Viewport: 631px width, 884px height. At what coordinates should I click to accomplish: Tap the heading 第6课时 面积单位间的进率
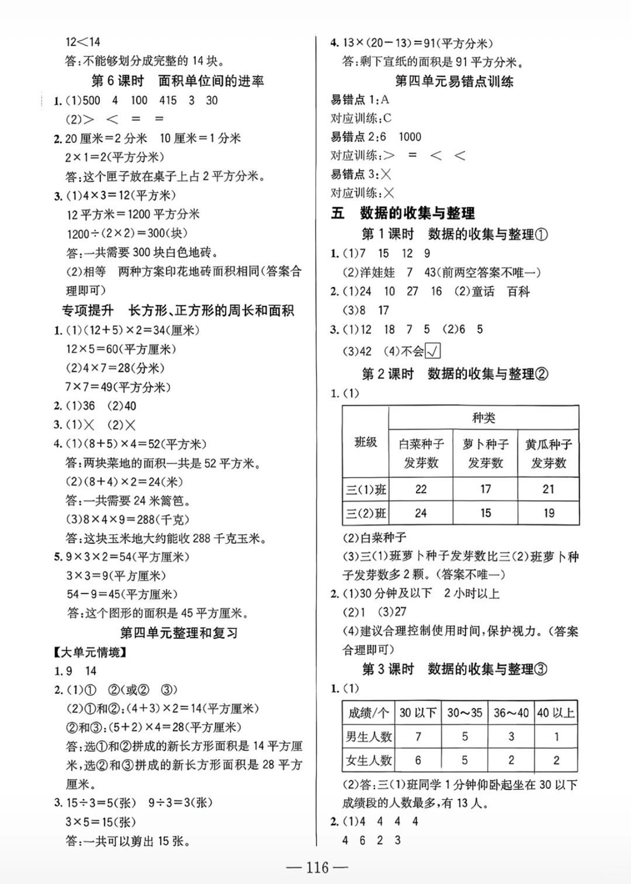click(x=178, y=81)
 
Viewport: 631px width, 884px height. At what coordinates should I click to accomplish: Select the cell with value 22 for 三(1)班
click(x=421, y=489)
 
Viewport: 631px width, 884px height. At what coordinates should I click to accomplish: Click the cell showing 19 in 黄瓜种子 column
click(x=548, y=513)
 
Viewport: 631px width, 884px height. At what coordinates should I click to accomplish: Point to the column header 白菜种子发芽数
click(x=421, y=453)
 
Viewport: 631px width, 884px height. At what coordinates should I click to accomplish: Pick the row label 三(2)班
click(x=366, y=513)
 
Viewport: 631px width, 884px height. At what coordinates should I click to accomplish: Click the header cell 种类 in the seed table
click(x=483, y=418)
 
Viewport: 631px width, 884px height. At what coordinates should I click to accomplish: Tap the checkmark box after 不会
click(x=433, y=351)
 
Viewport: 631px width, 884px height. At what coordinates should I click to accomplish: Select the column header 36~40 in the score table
click(x=511, y=713)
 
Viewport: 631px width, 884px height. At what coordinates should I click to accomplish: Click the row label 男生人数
click(x=369, y=737)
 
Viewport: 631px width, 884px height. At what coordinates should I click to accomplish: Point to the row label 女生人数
click(x=369, y=760)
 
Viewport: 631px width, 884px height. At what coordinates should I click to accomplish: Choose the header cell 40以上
click(x=556, y=713)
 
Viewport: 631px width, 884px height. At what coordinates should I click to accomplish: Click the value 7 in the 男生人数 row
click(x=418, y=737)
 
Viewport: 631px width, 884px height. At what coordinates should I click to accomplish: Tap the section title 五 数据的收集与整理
click(x=403, y=213)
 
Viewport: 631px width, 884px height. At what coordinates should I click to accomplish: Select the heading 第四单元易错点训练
click(x=454, y=81)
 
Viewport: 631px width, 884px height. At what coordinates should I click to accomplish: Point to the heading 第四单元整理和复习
click(x=179, y=633)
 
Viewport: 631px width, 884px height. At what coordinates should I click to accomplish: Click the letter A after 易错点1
click(x=384, y=100)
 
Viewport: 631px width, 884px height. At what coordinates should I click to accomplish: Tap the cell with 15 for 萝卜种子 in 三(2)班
click(x=485, y=513)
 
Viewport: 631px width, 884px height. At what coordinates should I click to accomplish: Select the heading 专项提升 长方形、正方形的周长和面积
click(x=178, y=311)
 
